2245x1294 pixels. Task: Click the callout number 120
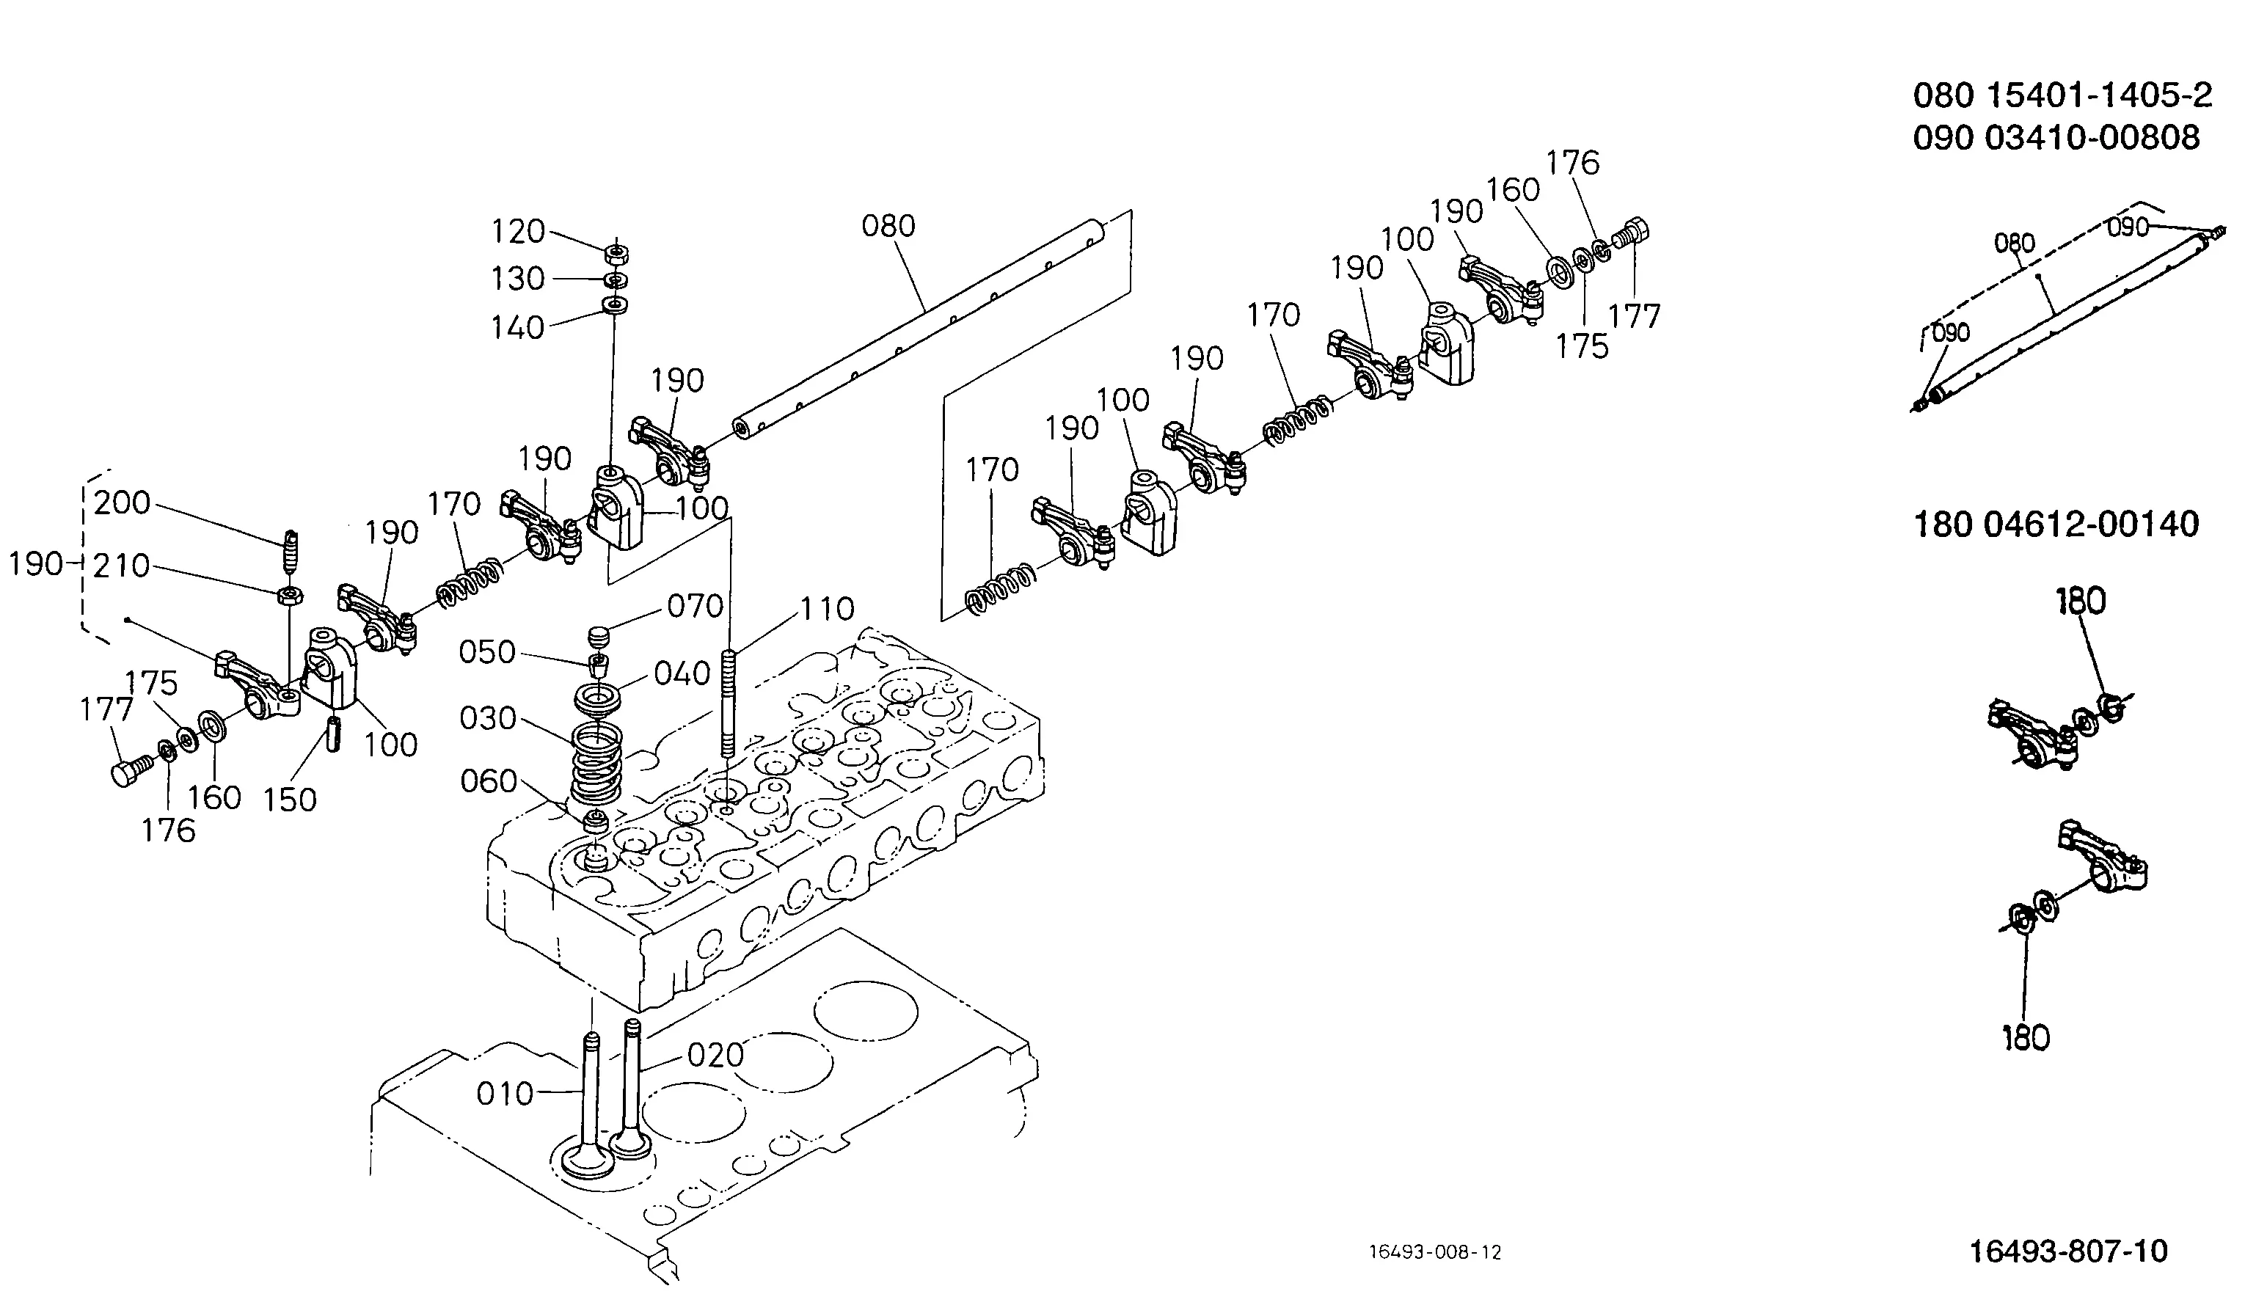[518, 232]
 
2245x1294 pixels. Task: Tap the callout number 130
[518, 279]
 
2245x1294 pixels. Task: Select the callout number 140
[518, 328]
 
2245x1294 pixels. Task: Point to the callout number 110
[828, 610]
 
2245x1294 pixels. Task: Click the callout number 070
[695, 606]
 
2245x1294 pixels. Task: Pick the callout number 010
[505, 1094]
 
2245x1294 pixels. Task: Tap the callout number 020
[715, 1055]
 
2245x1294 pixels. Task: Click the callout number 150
[290, 800]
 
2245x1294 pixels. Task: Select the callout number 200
[122, 503]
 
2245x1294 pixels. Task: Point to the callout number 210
[122, 566]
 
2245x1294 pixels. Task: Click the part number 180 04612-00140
[2056, 524]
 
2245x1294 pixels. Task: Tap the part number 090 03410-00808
[2056, 138]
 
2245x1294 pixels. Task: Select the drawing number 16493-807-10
[2068, 1251]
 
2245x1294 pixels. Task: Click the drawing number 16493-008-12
[1435, 1252]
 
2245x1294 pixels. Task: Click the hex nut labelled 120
[615, 253]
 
